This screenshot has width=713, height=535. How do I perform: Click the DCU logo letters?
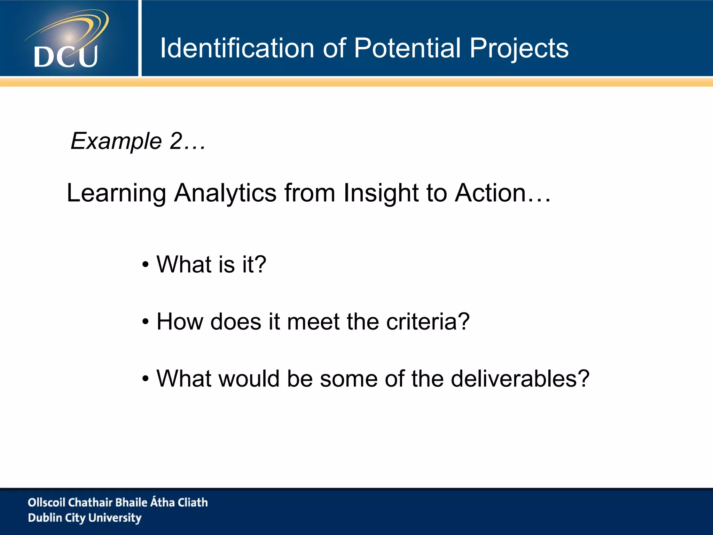pyautogui.click(x=66, y=57)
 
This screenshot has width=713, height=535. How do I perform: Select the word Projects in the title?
pyautogui.click(x=519, y=49)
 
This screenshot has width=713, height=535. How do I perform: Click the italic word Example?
pyautogui.click(x=116, y=141)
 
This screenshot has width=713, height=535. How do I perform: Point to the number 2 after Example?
pyautogui.click(x=176, y=141)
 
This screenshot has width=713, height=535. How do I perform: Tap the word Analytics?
pyautogui.click(x=225, y=193)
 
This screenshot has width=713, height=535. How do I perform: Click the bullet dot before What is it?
pyautogui.click(x=146, y=265)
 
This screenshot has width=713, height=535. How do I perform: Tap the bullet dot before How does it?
pyautogui.click(x=146, y=322)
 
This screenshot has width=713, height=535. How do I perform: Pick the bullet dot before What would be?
pyautogui.click(x=146, y=379)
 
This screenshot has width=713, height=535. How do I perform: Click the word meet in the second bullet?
pyautogui.click(x=313, y=321)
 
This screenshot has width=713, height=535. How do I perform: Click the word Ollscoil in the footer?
pyautogui.click(x=46, y=502)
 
